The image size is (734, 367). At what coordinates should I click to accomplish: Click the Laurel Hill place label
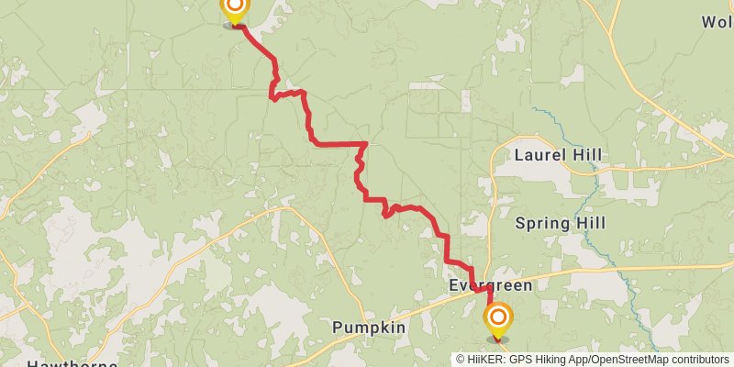[558, 154]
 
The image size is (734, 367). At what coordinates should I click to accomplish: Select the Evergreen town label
[490, 285]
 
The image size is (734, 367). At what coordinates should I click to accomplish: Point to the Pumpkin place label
[369, 328]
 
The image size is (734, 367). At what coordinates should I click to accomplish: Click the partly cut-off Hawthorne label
[72, 363]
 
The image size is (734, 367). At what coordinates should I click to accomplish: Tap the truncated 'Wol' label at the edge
[717, 21]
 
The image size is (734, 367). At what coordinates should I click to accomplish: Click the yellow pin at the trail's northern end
[235, 8]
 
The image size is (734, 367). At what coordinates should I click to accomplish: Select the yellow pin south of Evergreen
[498, 319]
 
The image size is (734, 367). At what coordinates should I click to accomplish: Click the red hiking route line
[339, 143]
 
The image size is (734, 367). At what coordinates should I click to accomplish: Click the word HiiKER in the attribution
[484, 360]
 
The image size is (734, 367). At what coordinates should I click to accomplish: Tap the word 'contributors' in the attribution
[696, 360]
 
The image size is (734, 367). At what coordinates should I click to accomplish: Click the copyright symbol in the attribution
[461, 360]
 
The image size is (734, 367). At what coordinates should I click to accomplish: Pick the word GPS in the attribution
[518, 360]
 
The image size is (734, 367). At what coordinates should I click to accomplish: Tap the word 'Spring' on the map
[541, 223]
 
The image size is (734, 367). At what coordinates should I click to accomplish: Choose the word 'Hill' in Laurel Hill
[587, 154]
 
